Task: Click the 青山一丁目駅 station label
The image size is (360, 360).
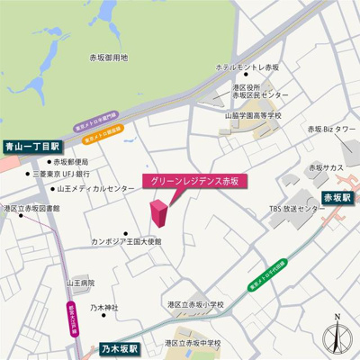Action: [x=31, y=145]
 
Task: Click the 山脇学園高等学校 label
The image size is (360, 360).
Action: [x=253, y=115]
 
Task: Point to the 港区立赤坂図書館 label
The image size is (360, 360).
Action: [x=31, y=208]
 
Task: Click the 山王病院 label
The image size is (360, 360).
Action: [x=80, y=283]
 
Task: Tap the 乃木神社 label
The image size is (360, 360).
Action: [x=104, y=308]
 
